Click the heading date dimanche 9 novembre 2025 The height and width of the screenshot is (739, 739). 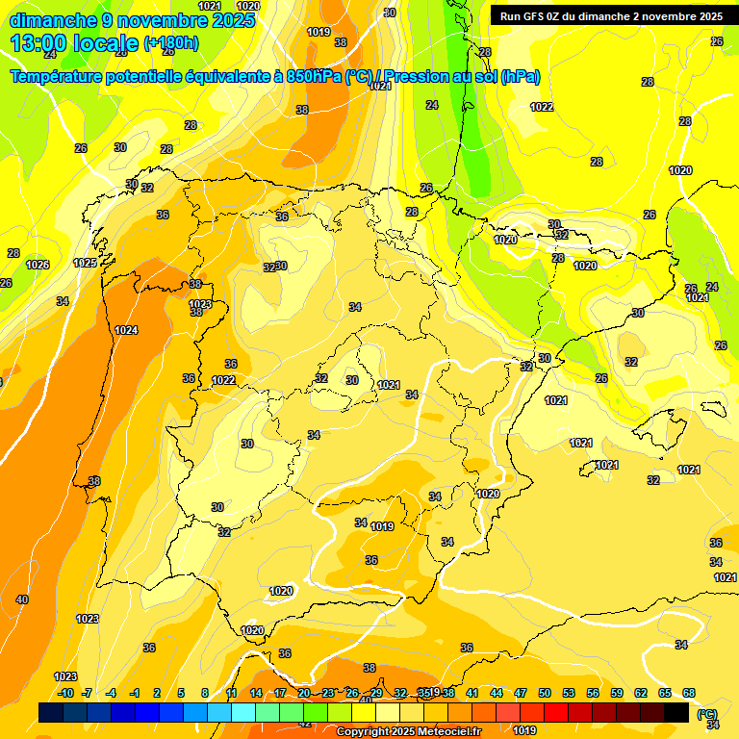pyautogui.click(x=132, y=19)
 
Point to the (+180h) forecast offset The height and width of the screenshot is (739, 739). pyautogui.click(x=171, y=42)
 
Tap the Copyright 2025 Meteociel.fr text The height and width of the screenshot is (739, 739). pyautogui.click(x=409, y=732)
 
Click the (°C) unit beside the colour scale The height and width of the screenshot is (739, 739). pyautogui.click(x=707, y=714)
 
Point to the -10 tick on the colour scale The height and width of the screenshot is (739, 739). pyautogui.click(x=65, y=693)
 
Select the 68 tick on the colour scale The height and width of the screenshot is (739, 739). pyautogui.click(x=689, y=693)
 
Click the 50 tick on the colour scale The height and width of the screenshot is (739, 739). pyautogui.click(x=545, y=693)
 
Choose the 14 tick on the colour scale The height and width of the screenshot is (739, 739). pyautogui.click(x=256, y=693)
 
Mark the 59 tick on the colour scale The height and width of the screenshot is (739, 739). pyautogui.click(x=617, y=693)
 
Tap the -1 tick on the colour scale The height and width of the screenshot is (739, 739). pyautogui.click(x=135, y=693)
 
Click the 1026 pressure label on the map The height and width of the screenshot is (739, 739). pyautogui.click(x=38, y=265)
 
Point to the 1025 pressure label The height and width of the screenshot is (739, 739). pyautogui.click(x=86, y=263)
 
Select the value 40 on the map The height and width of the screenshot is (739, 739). pyautogui.click(x=22, y=599)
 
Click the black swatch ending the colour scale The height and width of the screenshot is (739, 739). pyautogui.click(x=677, y=713)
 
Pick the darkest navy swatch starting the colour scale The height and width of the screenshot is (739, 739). pyautogui.click(x=51, y=713)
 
